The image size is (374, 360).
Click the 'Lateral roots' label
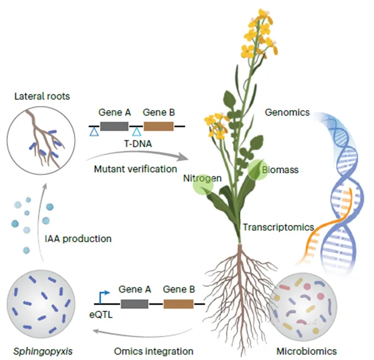tap(42, 97)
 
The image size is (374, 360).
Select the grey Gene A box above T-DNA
tap(114, 127)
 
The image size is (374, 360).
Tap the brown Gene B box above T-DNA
tap(159, 127)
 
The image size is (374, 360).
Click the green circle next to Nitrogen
tap(202, 185)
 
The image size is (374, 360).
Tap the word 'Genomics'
tap(287, 112)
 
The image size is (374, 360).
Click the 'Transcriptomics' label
tap(278, 226)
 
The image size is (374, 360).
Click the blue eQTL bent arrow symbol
tap(101, 296)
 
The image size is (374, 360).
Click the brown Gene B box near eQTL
tap(179, 305)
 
